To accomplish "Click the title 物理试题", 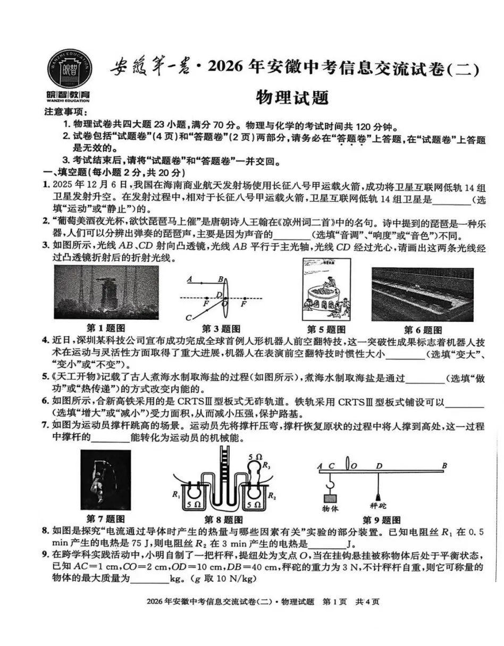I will (292, 97).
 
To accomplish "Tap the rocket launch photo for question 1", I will (106, 292).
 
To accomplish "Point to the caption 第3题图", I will (221, 329).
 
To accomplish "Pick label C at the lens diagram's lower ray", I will (188, 318).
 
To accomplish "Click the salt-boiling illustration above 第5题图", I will (326, 290).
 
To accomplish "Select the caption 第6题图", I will (423, 330).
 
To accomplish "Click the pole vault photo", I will (105, 480).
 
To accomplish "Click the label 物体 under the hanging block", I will (330, 508).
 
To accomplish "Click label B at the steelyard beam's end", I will (444, 466).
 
